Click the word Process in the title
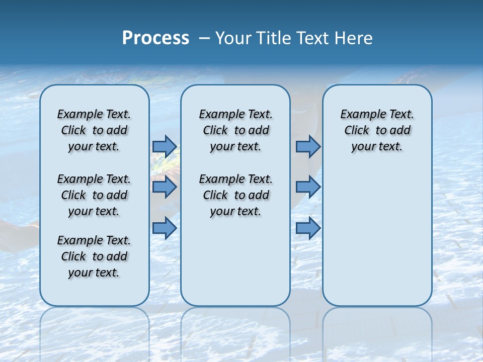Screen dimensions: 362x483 click(155, 38)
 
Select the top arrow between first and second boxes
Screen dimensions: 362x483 click(165, 146)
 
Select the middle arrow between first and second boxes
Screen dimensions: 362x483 click(165, 187)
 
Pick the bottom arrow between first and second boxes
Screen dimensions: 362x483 click(165, 228)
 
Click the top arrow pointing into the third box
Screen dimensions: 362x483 click(308, 146)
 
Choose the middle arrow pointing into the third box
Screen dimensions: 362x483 click(308, 187)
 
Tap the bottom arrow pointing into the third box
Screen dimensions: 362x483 click(308, 228)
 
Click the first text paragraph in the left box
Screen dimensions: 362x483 click(94, 130)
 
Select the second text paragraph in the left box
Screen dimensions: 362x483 click(94, 195)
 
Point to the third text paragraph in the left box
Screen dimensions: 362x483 click(94, 256)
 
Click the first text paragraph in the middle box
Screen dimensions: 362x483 click(235, 130)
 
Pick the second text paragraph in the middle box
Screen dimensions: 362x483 click(235, 195)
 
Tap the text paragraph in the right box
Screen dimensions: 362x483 click(377, 130)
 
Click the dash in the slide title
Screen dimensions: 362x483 click(204, 39)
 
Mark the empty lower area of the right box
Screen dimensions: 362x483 click(377, 236)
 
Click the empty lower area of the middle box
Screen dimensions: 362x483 click(235, 261)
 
